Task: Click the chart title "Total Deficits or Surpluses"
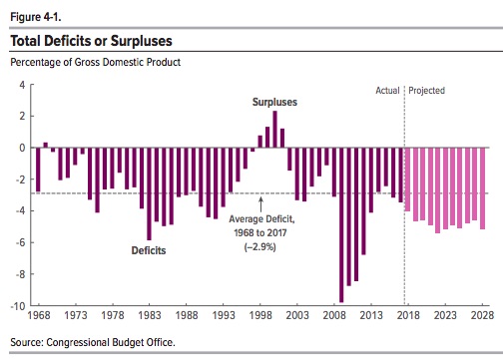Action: (x=91, y=41)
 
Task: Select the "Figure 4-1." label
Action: (x=36, y=17)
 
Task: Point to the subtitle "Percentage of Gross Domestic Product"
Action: (x=95, y=62)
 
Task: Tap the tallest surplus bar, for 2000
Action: (x=274, y=129)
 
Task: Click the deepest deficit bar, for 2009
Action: (x=341, y=224)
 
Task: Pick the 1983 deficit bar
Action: (x=149, y=193)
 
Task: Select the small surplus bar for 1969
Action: (x=46, y=145)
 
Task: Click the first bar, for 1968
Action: (x=38, y=170)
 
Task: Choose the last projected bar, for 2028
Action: (x=482, y=188)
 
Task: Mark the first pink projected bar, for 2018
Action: (x=407, y=180)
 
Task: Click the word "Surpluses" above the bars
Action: (x=274, y=102)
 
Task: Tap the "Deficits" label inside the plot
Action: (x=149, y=250)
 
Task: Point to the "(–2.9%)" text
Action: (x=259, y=247)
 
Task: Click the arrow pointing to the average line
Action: (x=260, y=204)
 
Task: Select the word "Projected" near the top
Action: (x=426, y=91)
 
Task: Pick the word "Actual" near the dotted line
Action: (x=387, y=91)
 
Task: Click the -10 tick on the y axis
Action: (x=19, y=306)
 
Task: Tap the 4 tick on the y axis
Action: (x=22, y=85)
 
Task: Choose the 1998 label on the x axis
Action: (x=260, y=315)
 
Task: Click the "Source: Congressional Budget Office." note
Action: (x=93, y=342)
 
